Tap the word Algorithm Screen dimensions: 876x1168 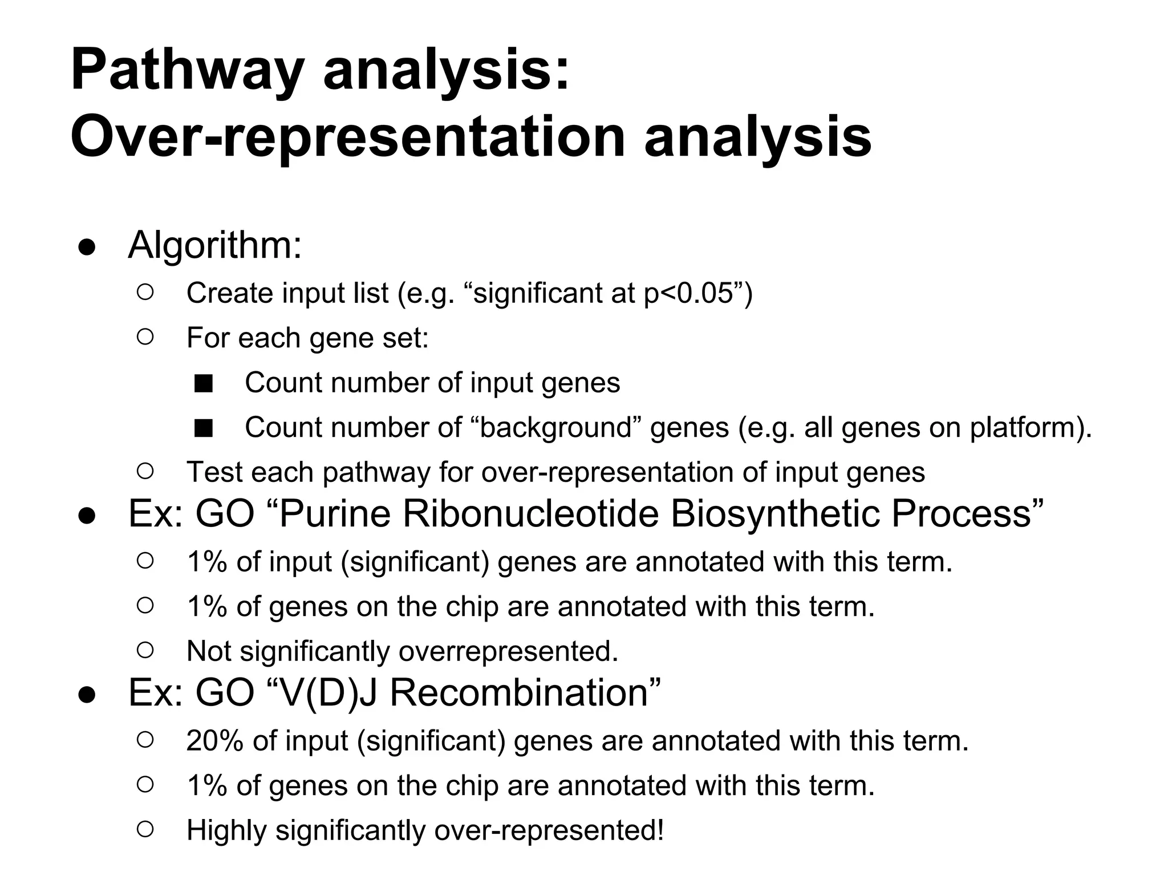coord(214,245)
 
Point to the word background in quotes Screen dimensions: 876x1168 coord(556,427)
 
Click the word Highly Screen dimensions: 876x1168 coord(226,830)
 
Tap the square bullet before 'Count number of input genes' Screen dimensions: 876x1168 coord(203,384)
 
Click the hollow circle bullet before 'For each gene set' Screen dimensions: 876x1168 coord(145,337)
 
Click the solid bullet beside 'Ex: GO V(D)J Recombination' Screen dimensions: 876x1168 coord(86,695)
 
